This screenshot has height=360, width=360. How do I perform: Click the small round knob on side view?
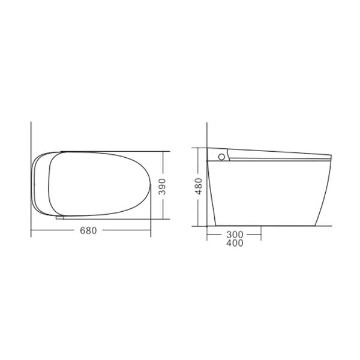click(221, 157)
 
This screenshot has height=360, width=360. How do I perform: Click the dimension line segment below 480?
click(199, 210)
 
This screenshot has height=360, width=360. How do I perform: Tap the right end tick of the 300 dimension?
click(260, 234)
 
